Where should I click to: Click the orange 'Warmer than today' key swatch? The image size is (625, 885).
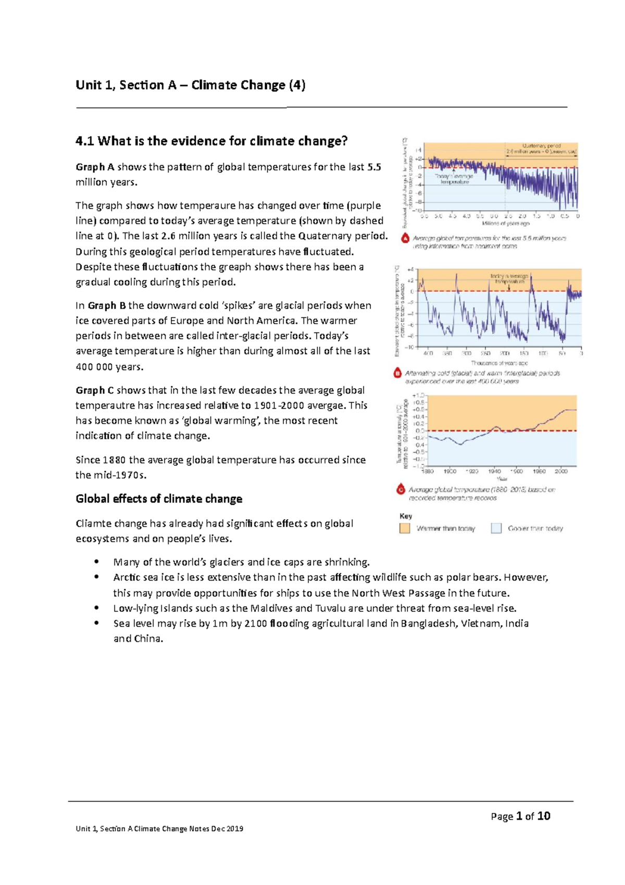pyautogui.click(x=405, y=528)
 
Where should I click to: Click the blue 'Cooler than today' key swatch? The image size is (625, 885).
pyautogui.click(x=496, y=528)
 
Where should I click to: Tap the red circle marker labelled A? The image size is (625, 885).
pyautogui.click(x=405, y=239)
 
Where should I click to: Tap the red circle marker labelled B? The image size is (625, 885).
pyautogui.click(x=398, y=373)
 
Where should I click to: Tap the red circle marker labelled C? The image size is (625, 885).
pyautogui.click(x=401, y=490)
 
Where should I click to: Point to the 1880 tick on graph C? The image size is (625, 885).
pyautogui.click(x=428, y=471)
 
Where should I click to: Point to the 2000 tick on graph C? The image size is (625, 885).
pyautogui.click(x=561, y=471)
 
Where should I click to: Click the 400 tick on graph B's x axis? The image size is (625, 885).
pyautogui.click(x=428, y=353)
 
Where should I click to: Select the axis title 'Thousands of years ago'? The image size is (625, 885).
pyautogui.click(x=499, y=363)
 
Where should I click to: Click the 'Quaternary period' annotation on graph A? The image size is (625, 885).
pyautogui.click(x=542, y=146)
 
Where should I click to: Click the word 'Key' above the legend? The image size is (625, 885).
pyautogui.click(x=406, y=516)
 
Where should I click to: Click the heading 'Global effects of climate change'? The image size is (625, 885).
pyautogui.click(x=159, y=499)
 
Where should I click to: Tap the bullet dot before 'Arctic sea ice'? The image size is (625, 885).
pyautogui.click(x=96, y=577)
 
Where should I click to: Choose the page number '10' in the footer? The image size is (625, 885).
pyautogui.click(x=544, y=816)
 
